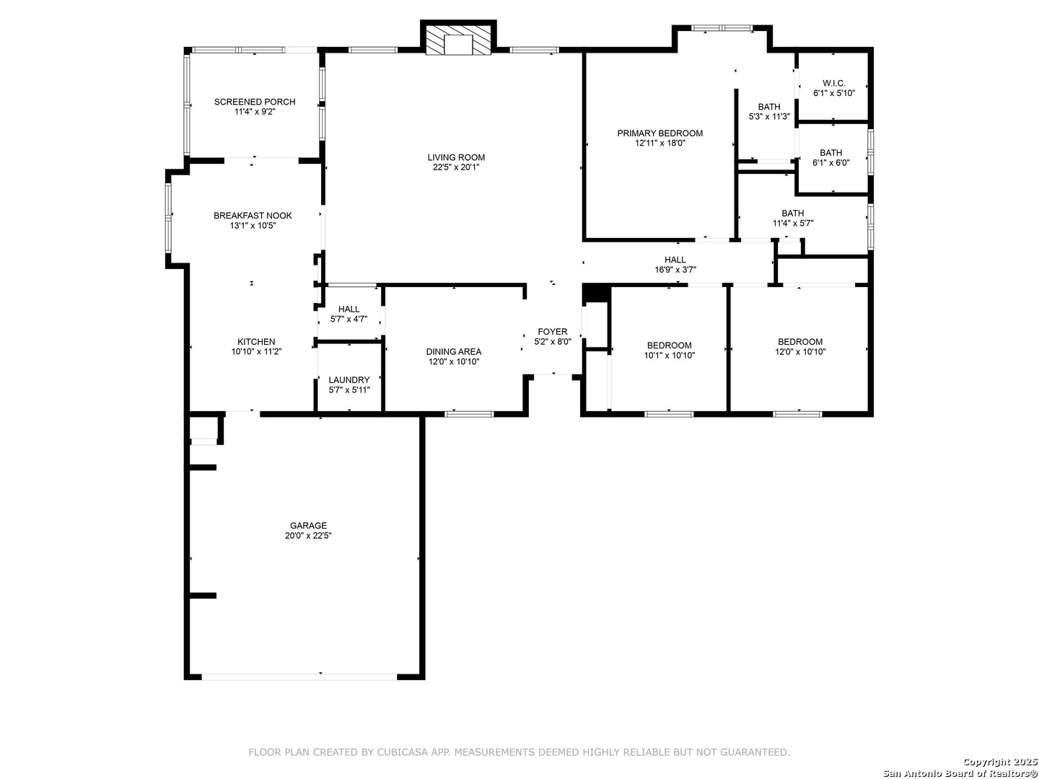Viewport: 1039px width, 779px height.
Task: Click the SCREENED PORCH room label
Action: pyautogui.click(x=255, y=102)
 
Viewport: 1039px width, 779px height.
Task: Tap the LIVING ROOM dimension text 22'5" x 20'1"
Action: pyautogui.click(x=456, y=167)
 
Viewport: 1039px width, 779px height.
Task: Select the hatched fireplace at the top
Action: pyautogui.click(x=458, y=40)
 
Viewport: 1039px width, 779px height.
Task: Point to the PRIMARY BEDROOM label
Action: pyautogui.click(x=660, y=133)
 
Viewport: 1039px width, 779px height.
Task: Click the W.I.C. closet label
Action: pyautogui.click(x=834, y=83)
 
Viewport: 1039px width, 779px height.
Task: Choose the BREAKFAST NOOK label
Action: pyautogui.click(x=253, y=216)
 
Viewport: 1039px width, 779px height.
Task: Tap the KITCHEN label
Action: pyautogui.click(x=256, y=342)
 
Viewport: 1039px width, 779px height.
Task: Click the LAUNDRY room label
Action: pyautogui.click(x=348, y=380)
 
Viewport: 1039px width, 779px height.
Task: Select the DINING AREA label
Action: pyautogui.click(x=453, y=352)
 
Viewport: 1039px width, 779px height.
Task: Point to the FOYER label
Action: pyautogui.click(x=553, y=332)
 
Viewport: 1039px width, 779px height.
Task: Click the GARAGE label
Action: pyautogui.click(x=308, y=526)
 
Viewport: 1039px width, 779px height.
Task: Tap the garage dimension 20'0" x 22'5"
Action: pyautogui.click(x=308, y=536)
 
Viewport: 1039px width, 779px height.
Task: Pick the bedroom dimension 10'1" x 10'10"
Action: pyautogui.click(x=670, y=356)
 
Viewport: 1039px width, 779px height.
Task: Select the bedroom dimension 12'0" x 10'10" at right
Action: pyautogui.click(x=800, y=352)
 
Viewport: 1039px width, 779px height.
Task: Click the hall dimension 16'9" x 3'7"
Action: pyautogui.click(x=675, y=270)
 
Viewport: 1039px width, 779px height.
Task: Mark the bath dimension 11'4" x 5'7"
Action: pyautogui.click(x=793, y=224)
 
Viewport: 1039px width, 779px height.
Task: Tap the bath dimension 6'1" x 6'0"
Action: pyautogui.click(x=830, y=163)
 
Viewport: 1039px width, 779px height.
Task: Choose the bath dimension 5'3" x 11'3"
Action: pyautogui.click(x=769, y=117)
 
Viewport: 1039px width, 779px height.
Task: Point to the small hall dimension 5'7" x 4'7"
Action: pyautogui.click(x=348, y=320)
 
